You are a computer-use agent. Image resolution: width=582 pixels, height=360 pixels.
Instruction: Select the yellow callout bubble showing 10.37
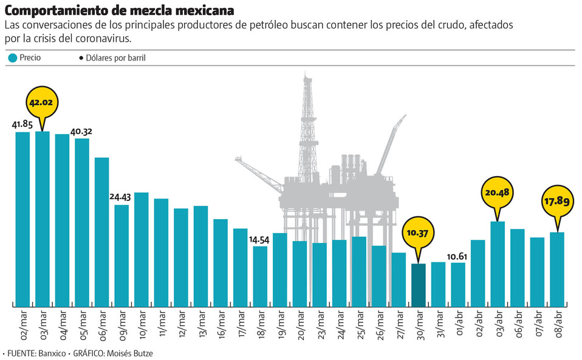coord(419,234)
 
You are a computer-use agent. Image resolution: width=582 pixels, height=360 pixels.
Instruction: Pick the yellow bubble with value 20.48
coord(498,192)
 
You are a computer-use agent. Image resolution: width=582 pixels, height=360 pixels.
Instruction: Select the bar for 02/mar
coord(22,219)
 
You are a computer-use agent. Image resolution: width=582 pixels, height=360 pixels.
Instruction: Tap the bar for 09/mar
coord(122,255)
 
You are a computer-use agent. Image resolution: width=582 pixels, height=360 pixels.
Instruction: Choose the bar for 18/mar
coord(260,276)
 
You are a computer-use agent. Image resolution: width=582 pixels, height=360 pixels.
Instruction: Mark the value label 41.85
coord(22,124)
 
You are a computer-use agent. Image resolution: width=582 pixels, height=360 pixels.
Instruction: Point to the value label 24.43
coord(122,197)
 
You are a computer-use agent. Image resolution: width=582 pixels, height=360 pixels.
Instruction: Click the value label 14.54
coord(260,239)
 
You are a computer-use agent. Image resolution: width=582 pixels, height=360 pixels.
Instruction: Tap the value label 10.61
coord(458,256)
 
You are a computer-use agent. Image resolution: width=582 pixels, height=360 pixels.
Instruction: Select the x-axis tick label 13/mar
coord(201,325)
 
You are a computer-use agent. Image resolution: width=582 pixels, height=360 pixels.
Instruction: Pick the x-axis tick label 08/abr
coord(557,325)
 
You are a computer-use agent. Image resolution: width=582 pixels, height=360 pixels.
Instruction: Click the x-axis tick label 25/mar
coord(360,325)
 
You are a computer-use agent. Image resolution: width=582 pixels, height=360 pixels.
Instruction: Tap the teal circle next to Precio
coord(12,59)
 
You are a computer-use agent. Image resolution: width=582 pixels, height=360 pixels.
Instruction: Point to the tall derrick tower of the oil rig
coord(308,127)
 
